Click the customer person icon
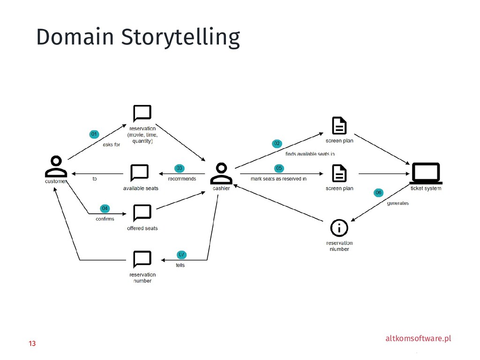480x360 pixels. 56,166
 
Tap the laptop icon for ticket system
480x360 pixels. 426,173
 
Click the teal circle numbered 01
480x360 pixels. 94,135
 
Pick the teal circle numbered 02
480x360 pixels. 277,143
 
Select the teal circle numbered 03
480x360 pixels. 179,168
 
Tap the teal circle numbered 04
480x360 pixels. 105,208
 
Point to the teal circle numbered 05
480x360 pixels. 279,168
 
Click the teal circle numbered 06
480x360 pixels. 379,192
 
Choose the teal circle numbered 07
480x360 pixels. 181,254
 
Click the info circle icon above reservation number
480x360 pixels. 339,228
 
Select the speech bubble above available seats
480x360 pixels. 140,173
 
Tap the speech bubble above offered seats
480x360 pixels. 142,213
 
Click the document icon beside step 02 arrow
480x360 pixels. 339,126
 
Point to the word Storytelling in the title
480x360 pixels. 180,37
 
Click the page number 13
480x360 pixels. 32,344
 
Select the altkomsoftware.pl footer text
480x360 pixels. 418,338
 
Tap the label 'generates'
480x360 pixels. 397,203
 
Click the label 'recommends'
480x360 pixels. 182,179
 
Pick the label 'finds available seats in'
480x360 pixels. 310,153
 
